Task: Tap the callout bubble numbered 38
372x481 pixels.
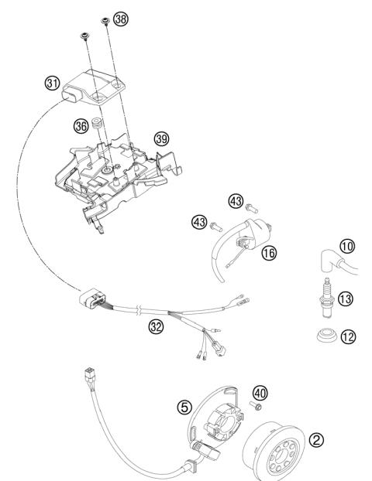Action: (x=120, y=19)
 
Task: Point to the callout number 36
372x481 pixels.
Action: (x=81, y=125)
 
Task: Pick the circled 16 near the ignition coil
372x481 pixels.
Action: (x=269, y=251)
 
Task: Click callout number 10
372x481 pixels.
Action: (x=346, y=267)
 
